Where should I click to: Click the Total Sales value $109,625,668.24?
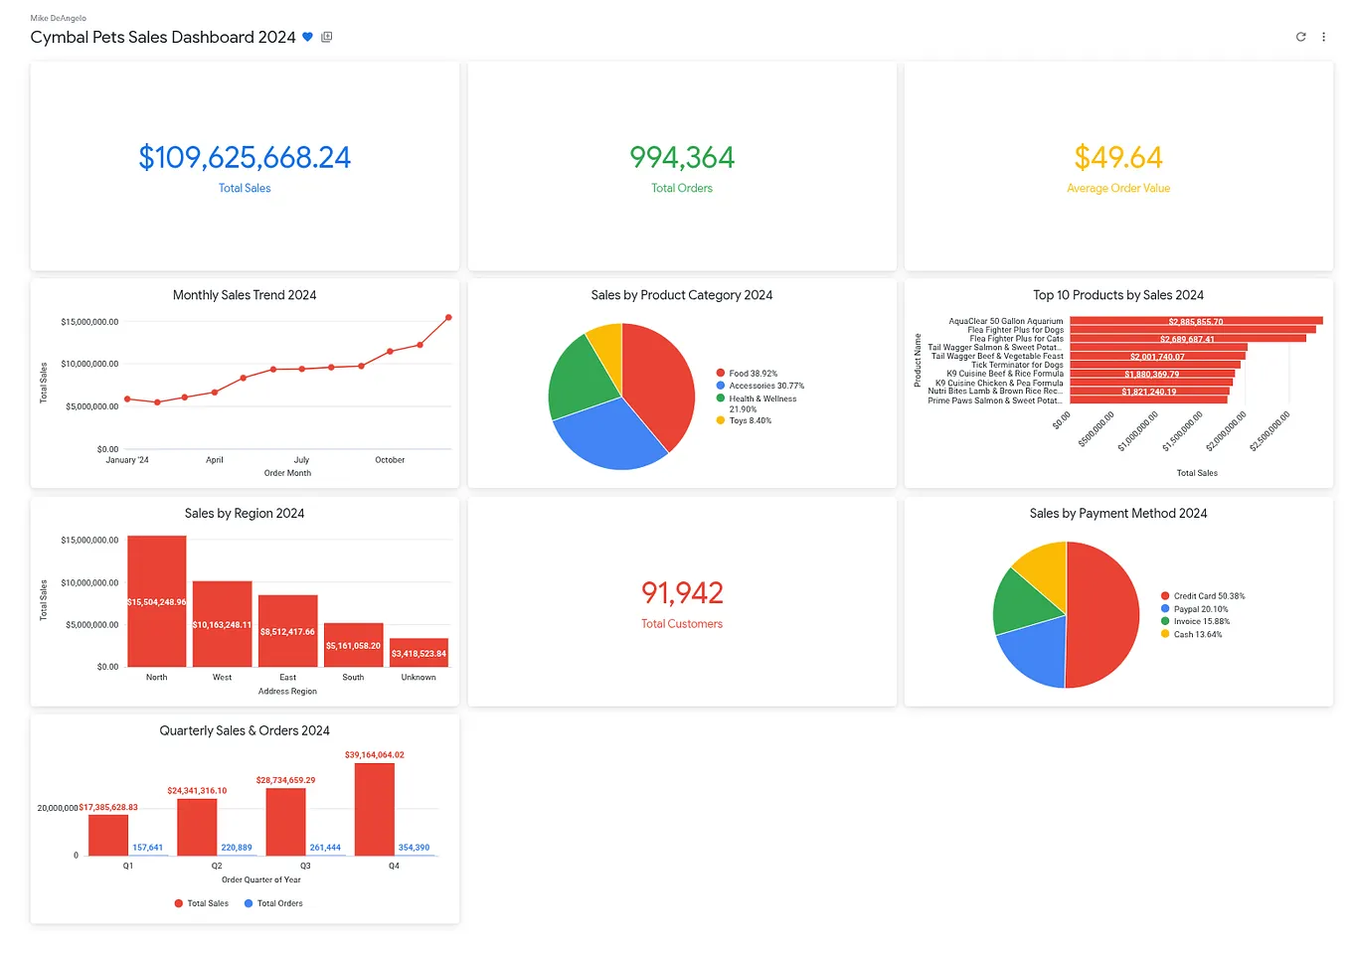click(245, 158)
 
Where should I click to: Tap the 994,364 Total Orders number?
click(681, 158)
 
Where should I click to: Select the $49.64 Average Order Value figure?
click(1117, 158)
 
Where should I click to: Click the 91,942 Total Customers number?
click(681, 593)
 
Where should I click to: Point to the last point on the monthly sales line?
click(448, 318)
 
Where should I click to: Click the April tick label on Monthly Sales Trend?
click(215, 460)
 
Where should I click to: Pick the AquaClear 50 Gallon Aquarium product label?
click(1005, 321)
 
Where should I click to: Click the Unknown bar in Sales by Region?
click(419, 653)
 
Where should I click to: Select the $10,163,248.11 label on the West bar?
click(222, 625)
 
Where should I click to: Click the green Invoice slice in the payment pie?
click(1024, 602)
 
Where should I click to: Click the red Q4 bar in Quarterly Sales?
click(375, 809)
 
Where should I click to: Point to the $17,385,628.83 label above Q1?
click(108, 808)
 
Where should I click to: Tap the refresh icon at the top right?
click(1300, 37)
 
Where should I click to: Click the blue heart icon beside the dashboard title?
click(308, 37)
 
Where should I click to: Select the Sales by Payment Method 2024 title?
click(1117, 514)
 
